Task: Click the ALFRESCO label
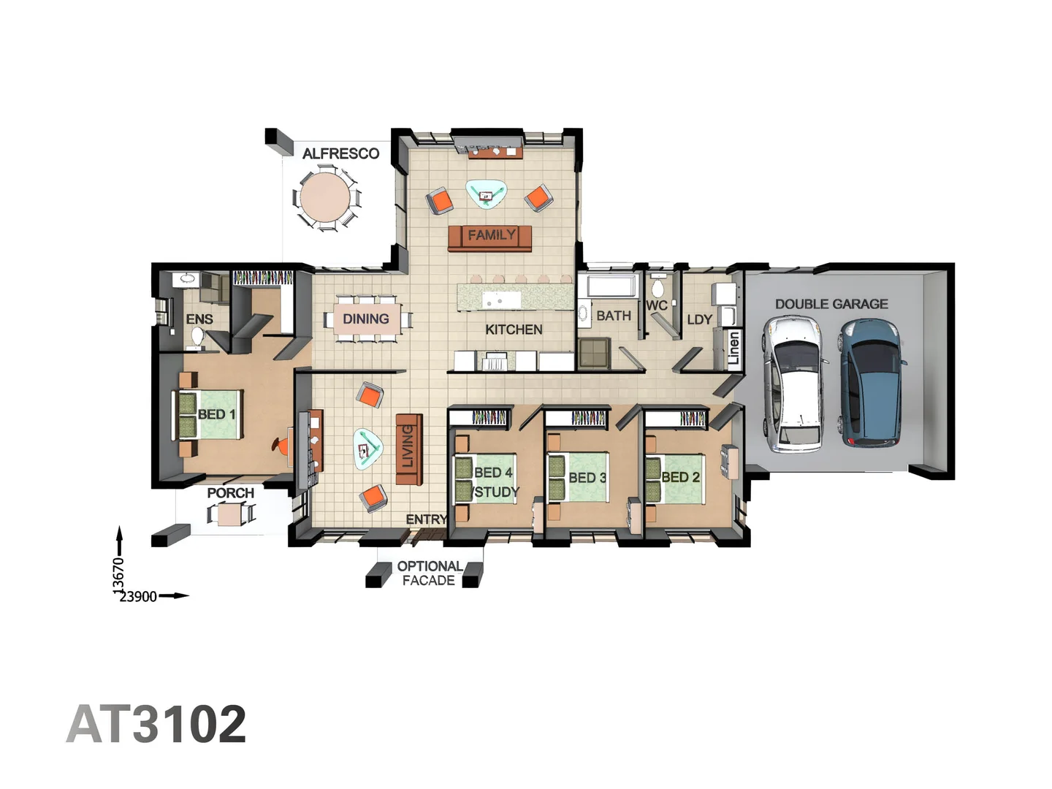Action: click(x=340, y=153)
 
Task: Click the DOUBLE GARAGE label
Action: click(x=831, y=304)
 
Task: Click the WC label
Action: click(x=656, y=305)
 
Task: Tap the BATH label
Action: click(x=614, y=316)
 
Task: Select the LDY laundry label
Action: click(x=699, y=319)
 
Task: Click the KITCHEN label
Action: click(x=514, y=329)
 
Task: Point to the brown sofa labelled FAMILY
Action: click(x=490, y=237)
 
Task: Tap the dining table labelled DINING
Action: click(x=366, y=319)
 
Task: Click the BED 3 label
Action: click(x=587, y=478)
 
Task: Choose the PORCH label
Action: click(x=230, y=493)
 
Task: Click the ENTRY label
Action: click(x=426, y=519)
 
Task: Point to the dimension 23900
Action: click(x=138, y=596)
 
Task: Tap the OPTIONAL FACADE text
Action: click(x=429, y=573)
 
